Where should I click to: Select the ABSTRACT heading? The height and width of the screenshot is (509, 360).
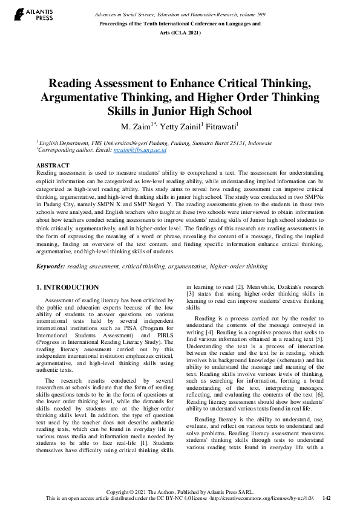[53, 164]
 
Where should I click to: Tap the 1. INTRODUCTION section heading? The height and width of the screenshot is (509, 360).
[68, 287]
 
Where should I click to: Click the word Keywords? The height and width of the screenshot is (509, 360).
[50, 266]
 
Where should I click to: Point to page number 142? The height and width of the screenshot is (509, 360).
[327, 498]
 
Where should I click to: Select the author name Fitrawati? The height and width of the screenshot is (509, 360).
[206, 126]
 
